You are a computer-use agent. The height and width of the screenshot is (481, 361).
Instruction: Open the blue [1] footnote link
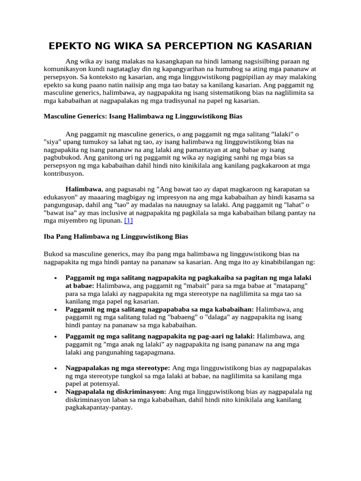[x=128, y=220]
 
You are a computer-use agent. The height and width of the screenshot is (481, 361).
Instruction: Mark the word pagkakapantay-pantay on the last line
[x=99, y=408]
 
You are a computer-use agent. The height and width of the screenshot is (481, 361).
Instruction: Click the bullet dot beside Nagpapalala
[x=56, y=392]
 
